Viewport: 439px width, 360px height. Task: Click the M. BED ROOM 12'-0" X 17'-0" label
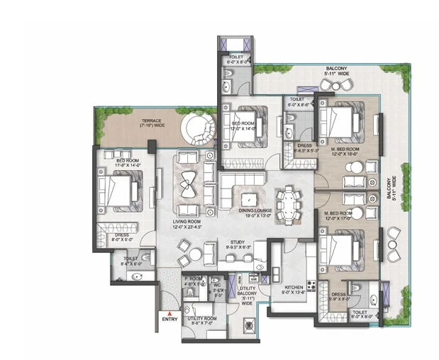339,216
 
